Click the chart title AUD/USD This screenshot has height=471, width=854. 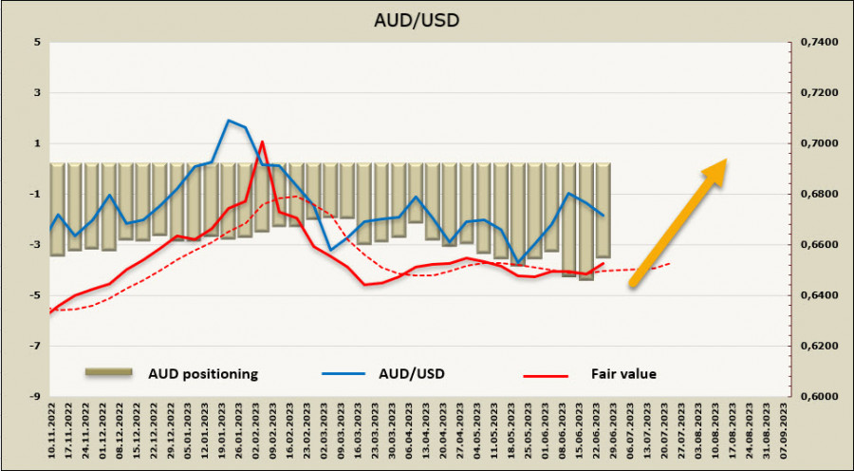[x=426, y=18]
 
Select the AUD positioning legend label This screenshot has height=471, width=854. [x=202, y=373]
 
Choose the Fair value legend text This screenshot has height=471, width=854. [x=624, y=373]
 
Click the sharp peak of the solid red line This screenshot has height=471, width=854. [x=262, y=141]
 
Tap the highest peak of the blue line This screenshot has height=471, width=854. [x=229, y=120]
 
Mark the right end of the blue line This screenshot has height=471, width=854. [x=603, y=216]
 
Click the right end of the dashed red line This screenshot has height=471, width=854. [x=671, y=263]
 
